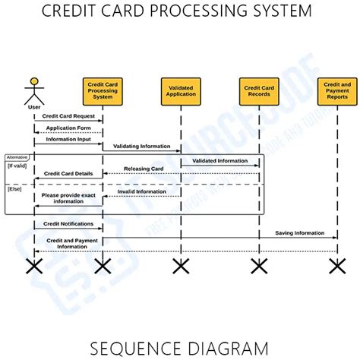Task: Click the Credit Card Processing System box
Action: click(x=102, y=90)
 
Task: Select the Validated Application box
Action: click(x=180, y=90)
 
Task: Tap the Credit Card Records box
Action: click(x=259, y=90)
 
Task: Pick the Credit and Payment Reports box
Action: click(x=336, y=90)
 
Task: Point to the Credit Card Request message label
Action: click(x=68, y=116)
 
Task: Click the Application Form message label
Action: click(x=68, y=128)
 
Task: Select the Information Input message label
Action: click(x=68, y=140)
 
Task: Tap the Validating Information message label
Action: click(x=142, y=146)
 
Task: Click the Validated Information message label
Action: click(x=219, y=160)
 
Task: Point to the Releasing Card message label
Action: click(x=144, y=169)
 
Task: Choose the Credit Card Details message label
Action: click(x=68, y=173)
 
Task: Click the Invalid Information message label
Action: click(x=142, y=191)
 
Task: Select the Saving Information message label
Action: click(x=300, y=232)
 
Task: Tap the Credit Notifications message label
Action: click(x=68, y=224)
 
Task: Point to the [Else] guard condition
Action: click(x=14, y=188)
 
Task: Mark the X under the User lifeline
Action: click(x=33, y=265)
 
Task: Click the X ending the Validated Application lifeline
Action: click(x=180, y=265)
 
